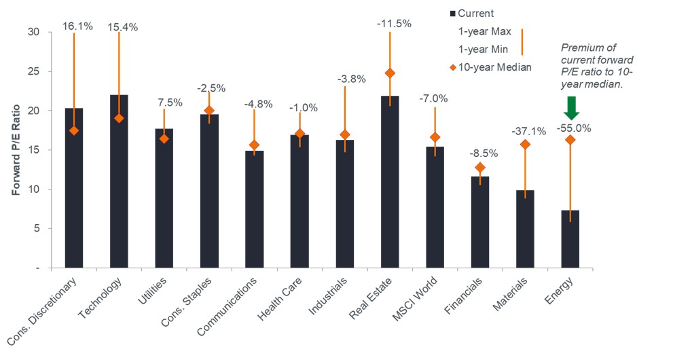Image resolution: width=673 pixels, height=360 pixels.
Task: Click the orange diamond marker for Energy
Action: click(570, 140)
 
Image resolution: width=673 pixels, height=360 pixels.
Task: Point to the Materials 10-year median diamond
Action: click(525, 144)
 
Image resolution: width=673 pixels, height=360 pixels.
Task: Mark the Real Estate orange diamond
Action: click(390, 73)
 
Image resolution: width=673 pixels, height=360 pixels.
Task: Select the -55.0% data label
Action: click(570, 127)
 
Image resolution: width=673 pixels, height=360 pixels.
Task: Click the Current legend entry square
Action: click(452, 14)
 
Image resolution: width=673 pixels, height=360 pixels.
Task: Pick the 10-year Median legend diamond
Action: click(452, 67)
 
